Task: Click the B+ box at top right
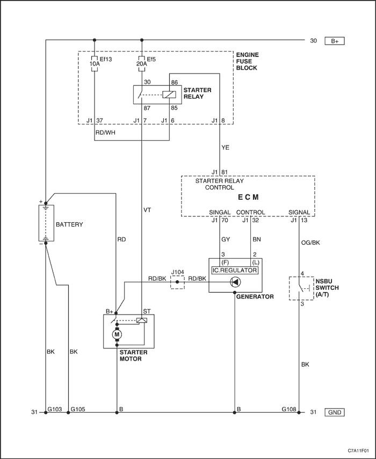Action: (335, 41)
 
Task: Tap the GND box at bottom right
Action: (335, 412)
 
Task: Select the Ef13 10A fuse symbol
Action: (95, 63)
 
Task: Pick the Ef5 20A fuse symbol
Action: (142, 63)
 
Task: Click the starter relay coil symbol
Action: (169, 94)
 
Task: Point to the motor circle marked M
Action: (118, 334)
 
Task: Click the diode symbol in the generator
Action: (235, 282)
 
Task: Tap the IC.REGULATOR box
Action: (235, 270)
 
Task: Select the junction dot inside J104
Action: (177, 282)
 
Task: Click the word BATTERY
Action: (69, 224)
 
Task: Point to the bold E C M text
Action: (248, 198)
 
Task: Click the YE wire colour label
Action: (225, 148)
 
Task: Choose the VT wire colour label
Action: (147, 210)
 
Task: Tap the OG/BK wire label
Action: (310, 243)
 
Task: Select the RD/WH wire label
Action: (105, 133)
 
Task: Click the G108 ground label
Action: (289, 409)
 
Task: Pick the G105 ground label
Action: (78, 409)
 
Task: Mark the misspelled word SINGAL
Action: (220, 212)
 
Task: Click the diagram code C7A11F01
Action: (358, 450)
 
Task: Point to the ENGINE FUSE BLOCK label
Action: (248, 62)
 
